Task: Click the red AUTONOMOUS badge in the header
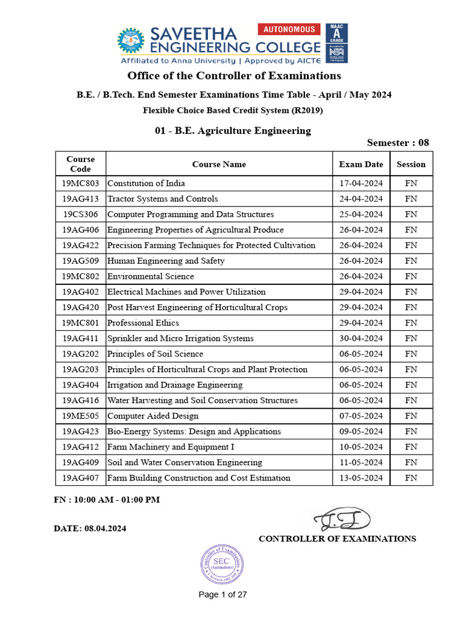pos(289,29)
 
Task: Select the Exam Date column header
pos(361,164)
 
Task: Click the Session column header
pos(411,164)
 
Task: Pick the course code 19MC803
pos(80,183)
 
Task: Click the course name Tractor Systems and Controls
pos(163,199)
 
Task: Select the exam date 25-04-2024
pos(361,215)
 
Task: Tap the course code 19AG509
pos(80,261)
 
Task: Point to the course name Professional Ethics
pos(143,323)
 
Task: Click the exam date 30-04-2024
pos(361,339)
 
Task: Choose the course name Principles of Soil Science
pos(155,354)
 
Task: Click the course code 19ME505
pos(80,416)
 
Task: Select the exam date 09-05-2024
pos(361,432)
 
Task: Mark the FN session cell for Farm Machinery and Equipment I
pos(411,447)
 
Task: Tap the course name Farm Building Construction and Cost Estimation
pos(199,478)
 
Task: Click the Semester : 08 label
pos(398,143)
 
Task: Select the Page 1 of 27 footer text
pos(223,594)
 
